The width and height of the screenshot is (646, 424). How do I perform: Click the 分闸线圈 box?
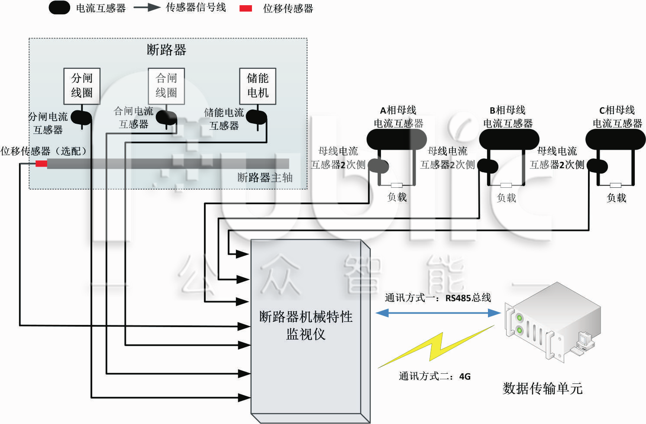click(x=82, y=86)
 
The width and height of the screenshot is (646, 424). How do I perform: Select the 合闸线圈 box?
click(x=166, y=86)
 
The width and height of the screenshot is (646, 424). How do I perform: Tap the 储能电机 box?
click(x=258, y=86)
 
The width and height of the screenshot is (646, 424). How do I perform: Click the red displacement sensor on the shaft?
click(x=41, y=164)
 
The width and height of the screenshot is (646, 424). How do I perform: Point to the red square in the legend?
click(x=245, y=8)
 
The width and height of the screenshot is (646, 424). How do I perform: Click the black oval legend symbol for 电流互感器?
click(x=59, y=8)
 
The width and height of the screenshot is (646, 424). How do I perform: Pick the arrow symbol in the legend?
click(x=147, y=8)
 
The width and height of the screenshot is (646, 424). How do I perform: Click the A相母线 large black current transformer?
click(x=397, y=139)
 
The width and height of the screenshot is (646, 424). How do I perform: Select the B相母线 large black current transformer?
click(x=509, y=139)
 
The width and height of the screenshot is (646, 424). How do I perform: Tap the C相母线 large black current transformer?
click(x=615, y=139)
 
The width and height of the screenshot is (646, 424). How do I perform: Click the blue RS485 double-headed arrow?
click(x=438, y=313)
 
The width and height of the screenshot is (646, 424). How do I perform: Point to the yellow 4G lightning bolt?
click(x=435, y=348)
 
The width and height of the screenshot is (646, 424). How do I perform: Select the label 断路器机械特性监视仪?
click(x=306, y=325)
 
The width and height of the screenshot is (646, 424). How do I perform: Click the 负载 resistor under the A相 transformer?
click(x=397, y=185)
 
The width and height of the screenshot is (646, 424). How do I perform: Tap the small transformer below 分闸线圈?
click(x=81, y=117)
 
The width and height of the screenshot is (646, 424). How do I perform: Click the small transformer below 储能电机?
click(x=256, y=116)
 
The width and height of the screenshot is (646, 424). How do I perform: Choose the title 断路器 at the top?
click(x=166, y=50)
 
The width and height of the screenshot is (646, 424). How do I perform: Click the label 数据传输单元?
click(x=542, y=388)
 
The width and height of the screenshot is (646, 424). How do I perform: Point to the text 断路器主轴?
click(x=265, y=177)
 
